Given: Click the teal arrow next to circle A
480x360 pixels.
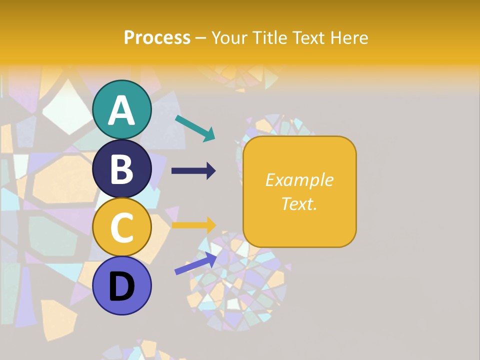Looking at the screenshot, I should (x=195, y=128).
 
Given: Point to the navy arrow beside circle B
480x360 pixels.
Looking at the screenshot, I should (x=193, y=171).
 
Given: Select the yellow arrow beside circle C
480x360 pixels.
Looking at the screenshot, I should (x=193, y=225).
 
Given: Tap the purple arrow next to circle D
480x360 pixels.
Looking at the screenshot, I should (x=195, y=263).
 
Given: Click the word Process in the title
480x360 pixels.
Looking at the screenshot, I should (x=157, y=38).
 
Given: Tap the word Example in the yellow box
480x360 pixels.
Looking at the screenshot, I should (x=299, y=180).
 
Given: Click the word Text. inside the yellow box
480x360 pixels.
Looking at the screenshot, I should (x=299, y=203).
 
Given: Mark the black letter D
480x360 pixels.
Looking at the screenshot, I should (x=122, y=287).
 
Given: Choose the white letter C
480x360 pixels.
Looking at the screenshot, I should (x=122, y=228).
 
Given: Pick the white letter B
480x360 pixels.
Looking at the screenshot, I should (x=122, y=169).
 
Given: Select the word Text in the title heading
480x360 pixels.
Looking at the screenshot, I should (x=307, y=38).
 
